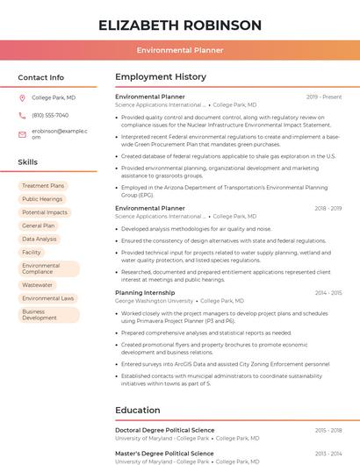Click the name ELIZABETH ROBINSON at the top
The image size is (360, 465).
pos(180,25)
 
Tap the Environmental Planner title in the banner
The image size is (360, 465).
pos(180,51)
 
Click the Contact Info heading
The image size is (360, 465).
pos(41,77)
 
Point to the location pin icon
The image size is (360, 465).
pos(22,97)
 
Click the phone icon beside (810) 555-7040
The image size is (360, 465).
pos(22,115)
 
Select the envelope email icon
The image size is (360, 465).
pos(22,133)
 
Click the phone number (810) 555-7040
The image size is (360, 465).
pos(50,115)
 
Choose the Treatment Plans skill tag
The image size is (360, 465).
pos(43,186)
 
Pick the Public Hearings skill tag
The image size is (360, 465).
pos(42,199)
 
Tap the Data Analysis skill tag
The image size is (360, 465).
pos(40,239)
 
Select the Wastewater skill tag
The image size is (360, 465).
pos(38,285)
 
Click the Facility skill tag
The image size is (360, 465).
pos(32,252)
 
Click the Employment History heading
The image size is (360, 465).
pos(161,77)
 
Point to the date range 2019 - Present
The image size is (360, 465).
pos(324,97)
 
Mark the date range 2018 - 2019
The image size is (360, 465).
pos(328,208)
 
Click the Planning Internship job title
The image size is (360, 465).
pos(145,292)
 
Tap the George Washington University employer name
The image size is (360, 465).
pos(154,301)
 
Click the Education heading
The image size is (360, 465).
pos(138,410)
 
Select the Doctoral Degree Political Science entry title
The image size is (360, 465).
pos(164,430)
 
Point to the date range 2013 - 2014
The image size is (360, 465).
pos(328,453)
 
